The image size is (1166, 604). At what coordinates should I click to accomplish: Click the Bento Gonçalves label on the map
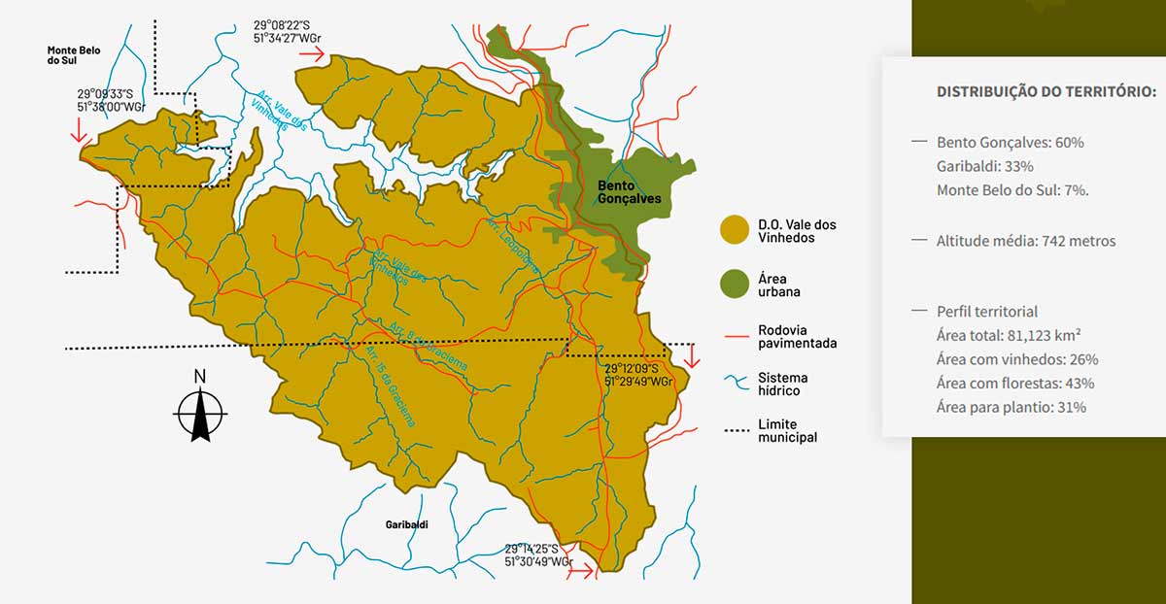point(629,191)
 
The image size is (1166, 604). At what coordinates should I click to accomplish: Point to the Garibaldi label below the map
point(406,524)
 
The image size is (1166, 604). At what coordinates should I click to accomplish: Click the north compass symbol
point(200,407)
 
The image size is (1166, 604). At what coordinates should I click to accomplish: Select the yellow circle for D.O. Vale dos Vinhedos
point(734,230)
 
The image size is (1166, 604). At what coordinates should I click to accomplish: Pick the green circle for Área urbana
point(734,284)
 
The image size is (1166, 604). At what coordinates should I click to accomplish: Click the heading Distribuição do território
point(1046,91)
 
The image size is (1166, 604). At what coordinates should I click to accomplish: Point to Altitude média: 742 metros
point(1026,241)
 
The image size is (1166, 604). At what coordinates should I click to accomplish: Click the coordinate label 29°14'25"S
point(532,549)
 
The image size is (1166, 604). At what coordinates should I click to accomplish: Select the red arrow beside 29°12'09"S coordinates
point(691,355)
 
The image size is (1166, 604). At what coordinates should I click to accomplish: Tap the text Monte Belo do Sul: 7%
point(1012,189)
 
